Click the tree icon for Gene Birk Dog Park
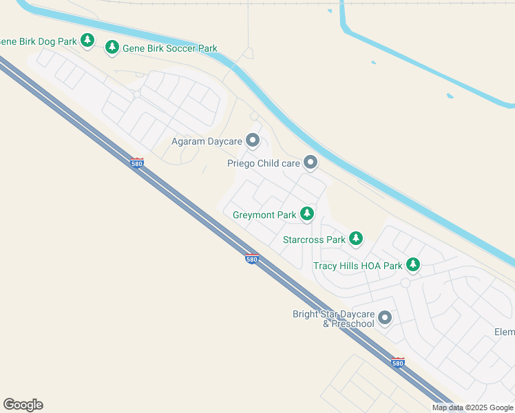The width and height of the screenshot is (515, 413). click(x=87, y=41)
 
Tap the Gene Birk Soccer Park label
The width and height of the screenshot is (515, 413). click(x=170, y=48)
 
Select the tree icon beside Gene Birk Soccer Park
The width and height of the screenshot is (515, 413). click(x=112, y=47)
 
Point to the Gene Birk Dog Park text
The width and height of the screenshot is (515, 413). click(x=39, y=41)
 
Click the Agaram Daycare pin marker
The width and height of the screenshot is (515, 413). click(x=253, y=141)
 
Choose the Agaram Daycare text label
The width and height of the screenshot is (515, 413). click(x=207, y=142)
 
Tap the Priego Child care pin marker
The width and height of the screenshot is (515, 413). click(x=311, y=162)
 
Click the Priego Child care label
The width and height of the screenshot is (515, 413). click(x=264, y=164)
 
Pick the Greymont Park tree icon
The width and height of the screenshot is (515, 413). click(x=307, y=214)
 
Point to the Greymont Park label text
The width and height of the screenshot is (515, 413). click(x=264, y=215)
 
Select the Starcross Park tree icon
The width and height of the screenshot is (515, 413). click(x=356, y=239)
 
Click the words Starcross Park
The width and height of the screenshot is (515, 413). click(x=314, y=240)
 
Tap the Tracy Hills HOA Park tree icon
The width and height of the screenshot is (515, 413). click(x=413, y=264)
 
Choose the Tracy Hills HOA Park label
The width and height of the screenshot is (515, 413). click(x=357, y=266)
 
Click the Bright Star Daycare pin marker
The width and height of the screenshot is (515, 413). click(x=385, y=318)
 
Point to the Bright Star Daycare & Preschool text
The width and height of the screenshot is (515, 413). click(x=333, y=319)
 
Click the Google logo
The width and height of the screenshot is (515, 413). click(x=23, y=405)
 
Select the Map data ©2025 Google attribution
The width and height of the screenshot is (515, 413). click(x=472, y=407)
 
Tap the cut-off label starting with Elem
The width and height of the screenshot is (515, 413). click(x=504, y=332)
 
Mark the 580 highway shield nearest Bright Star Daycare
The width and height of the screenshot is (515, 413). click(x=398, y=362)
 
